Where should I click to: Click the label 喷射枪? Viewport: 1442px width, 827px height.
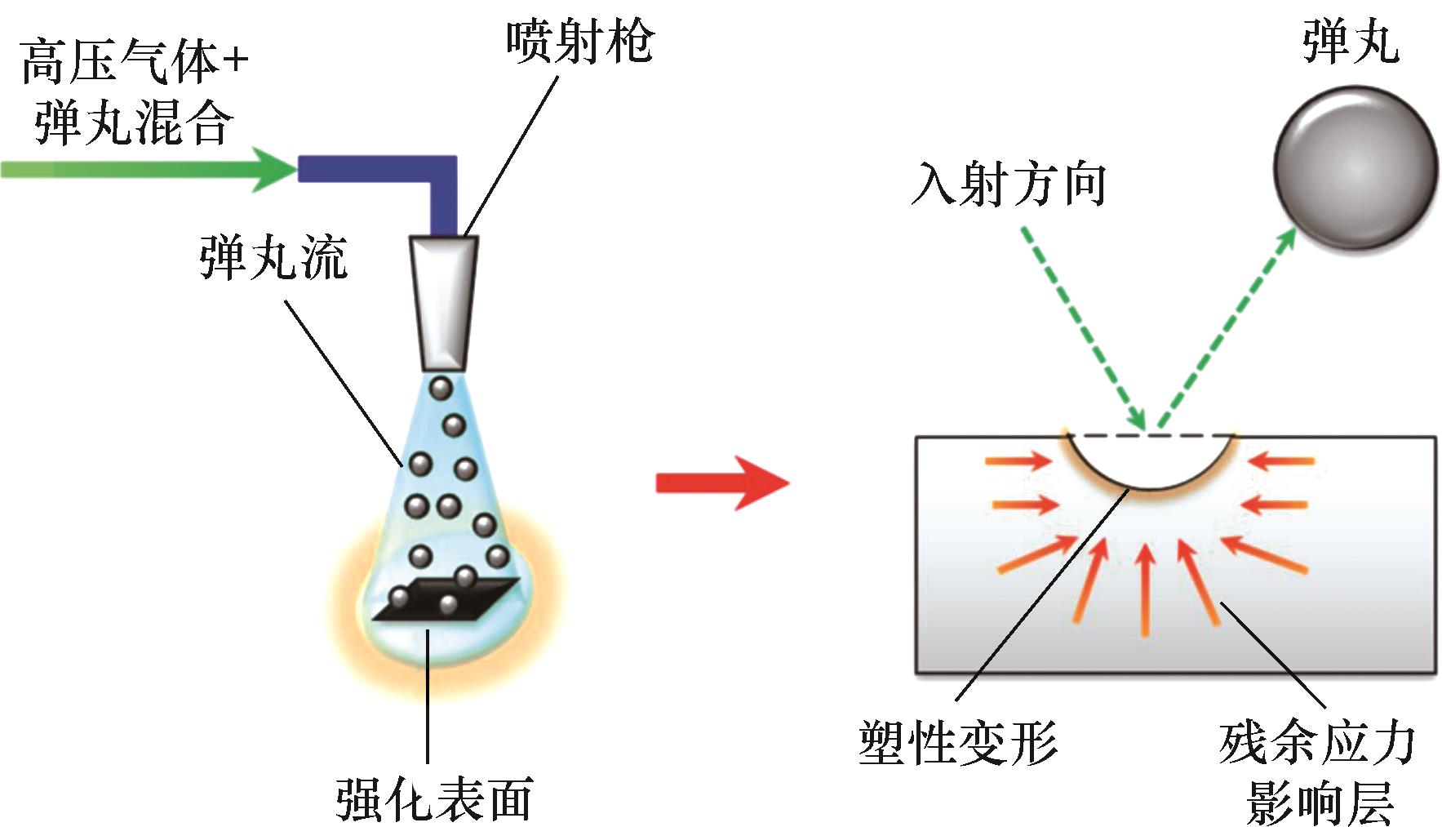point(579,41)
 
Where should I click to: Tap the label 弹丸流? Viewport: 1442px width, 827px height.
point(273,258)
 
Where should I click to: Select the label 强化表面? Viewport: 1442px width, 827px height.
point(434,798)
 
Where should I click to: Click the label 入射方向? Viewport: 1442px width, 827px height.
point(1009,185)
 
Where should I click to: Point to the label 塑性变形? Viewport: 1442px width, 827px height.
point(958,742)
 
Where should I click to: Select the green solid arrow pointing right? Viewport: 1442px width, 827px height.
point(147,169)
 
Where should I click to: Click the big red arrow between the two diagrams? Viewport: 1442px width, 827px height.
point(722,482)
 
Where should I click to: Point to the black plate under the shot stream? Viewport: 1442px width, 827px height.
point(445,601)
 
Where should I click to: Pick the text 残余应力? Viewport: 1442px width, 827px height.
point(1317,742)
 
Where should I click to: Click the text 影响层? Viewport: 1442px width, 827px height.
point(1317,801)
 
